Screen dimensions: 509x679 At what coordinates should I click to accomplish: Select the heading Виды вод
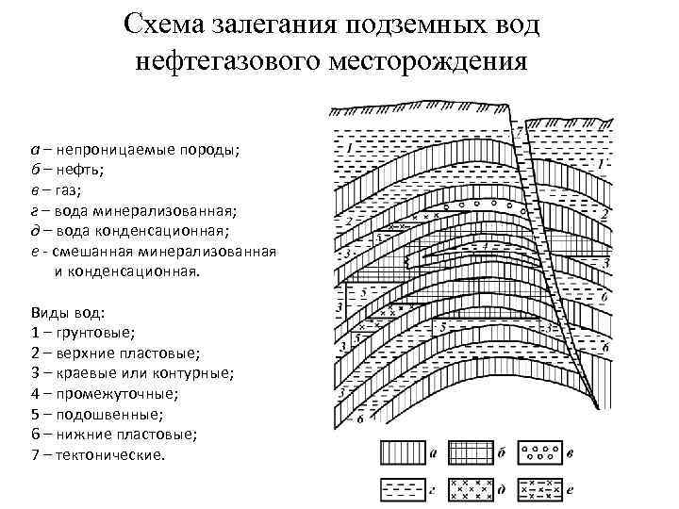68,312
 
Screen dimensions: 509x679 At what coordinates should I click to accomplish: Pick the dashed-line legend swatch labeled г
403,489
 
